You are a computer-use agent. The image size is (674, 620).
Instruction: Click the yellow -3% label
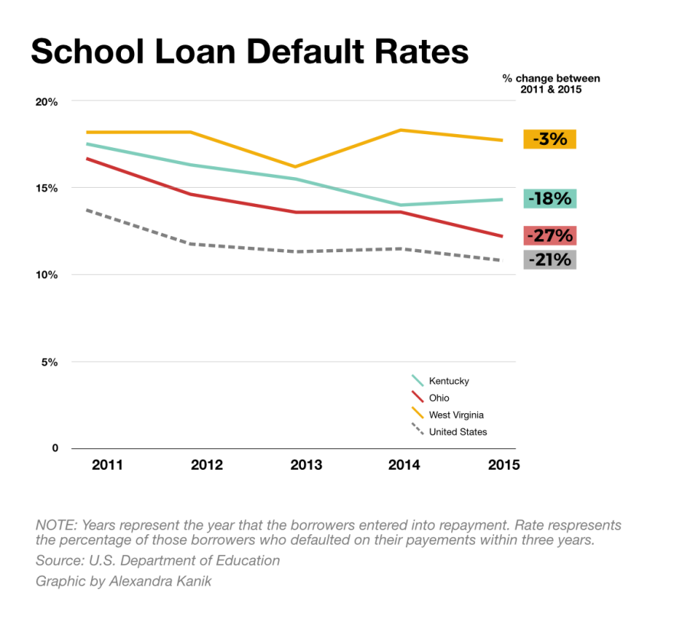tap(550, 139)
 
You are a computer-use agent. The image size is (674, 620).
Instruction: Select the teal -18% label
tap(550, 198)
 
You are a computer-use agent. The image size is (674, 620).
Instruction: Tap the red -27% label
tap(550, 235)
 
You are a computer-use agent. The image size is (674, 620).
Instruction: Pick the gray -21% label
tap(550, 259)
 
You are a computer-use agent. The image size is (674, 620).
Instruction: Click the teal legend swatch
tap(417, 381)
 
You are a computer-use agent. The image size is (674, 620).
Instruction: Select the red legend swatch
tap(417, 396)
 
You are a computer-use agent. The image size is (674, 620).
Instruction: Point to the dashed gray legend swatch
tap(417, 428)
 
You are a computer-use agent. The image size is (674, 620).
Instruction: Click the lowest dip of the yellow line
tap(295, 166)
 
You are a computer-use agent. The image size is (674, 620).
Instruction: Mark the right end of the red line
tap(502, 236)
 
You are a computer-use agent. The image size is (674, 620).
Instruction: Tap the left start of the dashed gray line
tap(87, 209)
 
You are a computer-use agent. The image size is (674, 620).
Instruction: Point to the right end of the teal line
tap(502, 199)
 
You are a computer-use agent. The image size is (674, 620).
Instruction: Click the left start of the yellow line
tap(87, 133)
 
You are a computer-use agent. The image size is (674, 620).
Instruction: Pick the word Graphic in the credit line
tap(59, 582)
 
